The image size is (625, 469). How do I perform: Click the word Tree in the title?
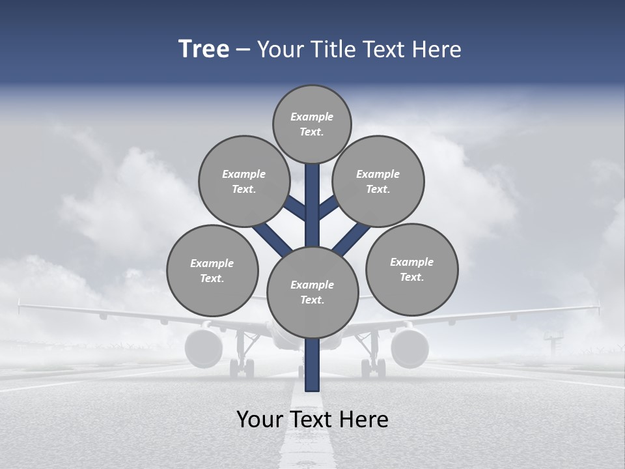pos(204,49)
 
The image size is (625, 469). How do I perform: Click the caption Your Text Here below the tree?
pos(312,419)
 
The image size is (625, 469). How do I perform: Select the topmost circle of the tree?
pos(312,124)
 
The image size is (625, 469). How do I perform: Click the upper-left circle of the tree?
pos(244,181)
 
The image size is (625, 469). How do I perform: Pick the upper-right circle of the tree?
pos(378,181)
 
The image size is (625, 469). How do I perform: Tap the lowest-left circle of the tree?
pos(212,270)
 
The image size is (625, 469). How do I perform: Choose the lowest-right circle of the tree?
pos(411,269)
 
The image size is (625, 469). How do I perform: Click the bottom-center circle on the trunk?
pos(312,292)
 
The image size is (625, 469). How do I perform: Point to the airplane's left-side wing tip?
pos(21,304)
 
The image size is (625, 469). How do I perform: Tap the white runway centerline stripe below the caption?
pos(312,449)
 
